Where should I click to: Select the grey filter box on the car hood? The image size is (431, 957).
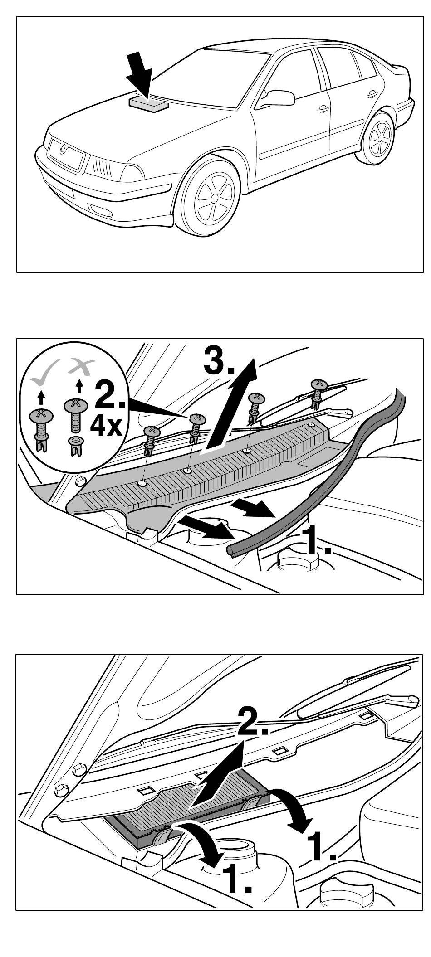pyautogui.click(x=148, y=104)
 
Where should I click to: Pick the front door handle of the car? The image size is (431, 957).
pyautogui.click(x=323, y=109)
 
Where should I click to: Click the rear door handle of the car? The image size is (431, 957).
pyautogui.click(x=372, y=93)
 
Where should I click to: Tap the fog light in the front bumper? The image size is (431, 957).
pyautogui.click(x=98, y=209)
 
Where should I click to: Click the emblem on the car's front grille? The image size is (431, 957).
pyautogui.click(x=65, y=148)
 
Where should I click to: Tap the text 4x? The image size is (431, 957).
pyautogui.click(x=106, y=426)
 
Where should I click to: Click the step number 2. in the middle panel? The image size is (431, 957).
pyautogui.click(x=112, y=396)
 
